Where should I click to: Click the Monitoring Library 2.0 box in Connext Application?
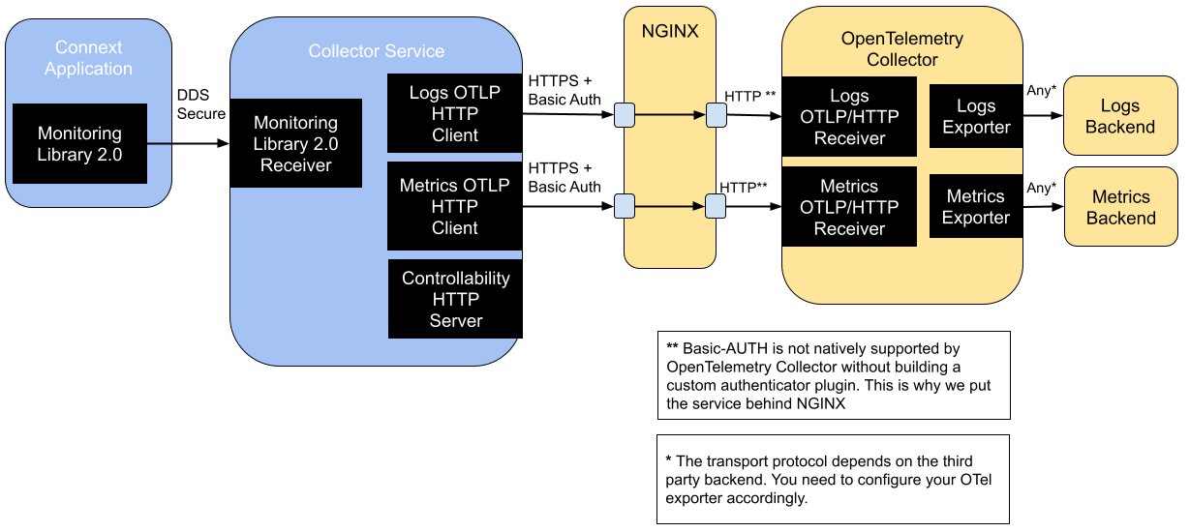(79, 143)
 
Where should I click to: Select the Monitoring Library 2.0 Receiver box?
(295, 143)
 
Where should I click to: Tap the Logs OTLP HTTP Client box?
(454, 113)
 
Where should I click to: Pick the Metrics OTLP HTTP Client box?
(454, 206)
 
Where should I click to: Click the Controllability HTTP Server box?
(454, 299)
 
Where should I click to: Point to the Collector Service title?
(376, 51)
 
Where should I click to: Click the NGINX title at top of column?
(669, 31)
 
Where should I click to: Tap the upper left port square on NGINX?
(625, 115)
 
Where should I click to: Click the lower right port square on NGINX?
(716, 206)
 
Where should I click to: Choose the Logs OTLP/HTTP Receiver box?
(849, 117)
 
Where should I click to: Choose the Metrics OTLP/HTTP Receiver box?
(849, 207)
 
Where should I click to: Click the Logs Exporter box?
(975, 117)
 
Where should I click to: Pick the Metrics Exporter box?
(975, 207)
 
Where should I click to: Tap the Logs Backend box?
(1119, 116)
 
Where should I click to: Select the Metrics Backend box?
(1120, 207)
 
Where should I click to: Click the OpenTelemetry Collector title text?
(901, 49)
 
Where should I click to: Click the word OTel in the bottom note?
(987, 481)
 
